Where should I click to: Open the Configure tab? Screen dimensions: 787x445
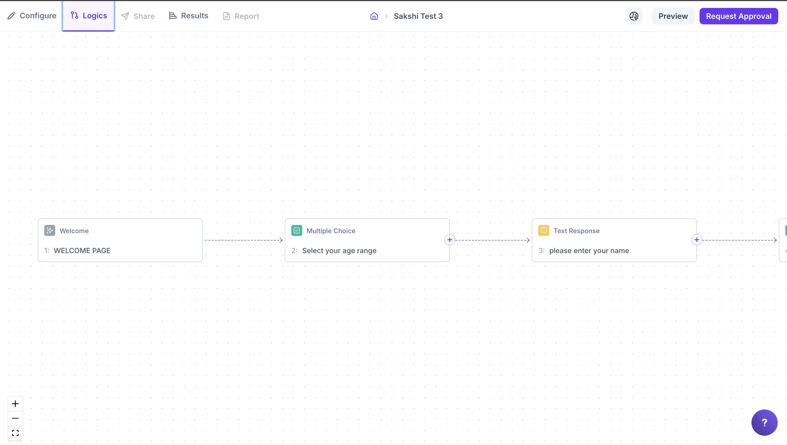[x=32, y=16]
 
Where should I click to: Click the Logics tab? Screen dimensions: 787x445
[x=89, y=16]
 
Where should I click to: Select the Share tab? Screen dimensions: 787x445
[x=138, y=16]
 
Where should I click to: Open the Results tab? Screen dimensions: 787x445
[x=189, y=16]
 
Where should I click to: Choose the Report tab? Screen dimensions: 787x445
[x=241, y=16]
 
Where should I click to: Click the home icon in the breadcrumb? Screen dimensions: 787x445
[x=374, y=16]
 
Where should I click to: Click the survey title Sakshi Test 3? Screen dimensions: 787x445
[x=418, y=16]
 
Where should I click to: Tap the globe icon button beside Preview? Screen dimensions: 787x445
[x=634, y=16]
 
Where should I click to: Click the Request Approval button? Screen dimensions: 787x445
[x=738, y=16]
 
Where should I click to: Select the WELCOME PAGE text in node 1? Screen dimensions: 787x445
[x=82, y=251]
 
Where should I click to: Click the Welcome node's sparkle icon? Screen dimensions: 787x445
[x=49, y=230]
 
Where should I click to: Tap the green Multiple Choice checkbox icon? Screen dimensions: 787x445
[x=297, y=230]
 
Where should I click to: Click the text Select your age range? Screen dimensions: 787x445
[x=339, y=251]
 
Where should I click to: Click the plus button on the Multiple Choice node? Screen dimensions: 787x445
[x=450, y=240]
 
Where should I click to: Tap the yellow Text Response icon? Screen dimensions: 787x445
[x=544, y=230]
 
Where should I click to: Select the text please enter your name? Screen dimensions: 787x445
[x=589, y=251]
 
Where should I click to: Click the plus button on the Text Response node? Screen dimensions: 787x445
[x=697, y=240]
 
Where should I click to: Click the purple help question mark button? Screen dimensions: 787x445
[x=764, y=422]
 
